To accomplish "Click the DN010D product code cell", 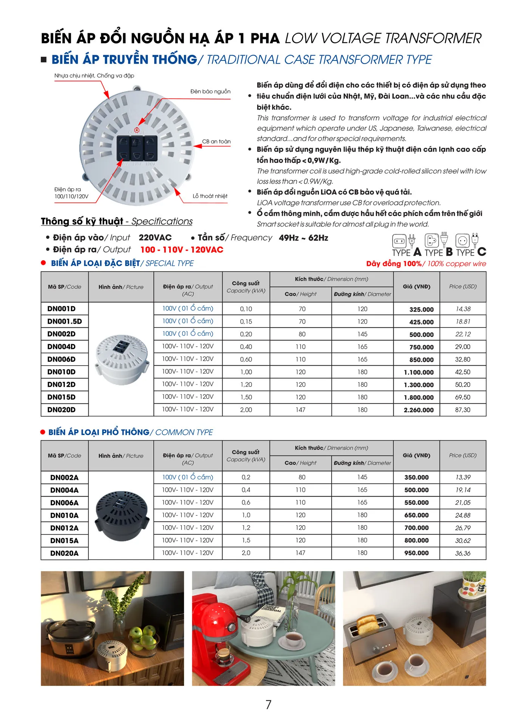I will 61,372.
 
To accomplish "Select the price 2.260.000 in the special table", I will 419,410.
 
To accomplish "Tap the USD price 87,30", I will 462,410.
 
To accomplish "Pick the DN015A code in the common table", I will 64,541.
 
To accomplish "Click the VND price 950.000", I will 416,553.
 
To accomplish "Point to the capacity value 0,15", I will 246,322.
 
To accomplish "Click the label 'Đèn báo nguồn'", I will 210,92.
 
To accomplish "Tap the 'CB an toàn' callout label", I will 216,141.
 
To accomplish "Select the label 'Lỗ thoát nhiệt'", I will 210,196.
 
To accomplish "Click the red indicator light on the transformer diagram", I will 137,130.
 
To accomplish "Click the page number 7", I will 268,705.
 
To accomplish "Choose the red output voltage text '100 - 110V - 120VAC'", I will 182,250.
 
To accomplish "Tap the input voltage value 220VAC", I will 155,238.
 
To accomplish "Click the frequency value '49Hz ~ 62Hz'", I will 303,238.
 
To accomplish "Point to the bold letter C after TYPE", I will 482,252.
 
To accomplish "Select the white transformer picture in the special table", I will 121,359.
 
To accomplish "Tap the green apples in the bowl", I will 143,635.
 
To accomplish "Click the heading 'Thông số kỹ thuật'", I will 82,221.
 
